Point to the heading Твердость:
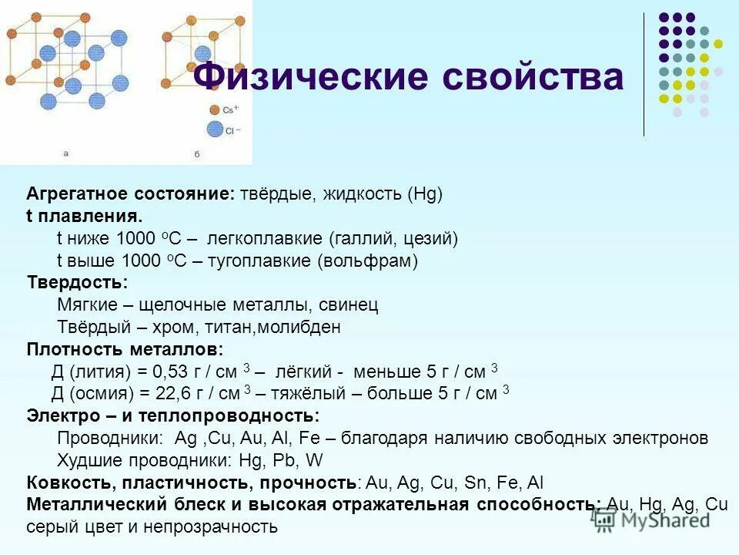(77, 283)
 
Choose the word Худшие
(85, 461)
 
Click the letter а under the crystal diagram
(65, 154)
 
